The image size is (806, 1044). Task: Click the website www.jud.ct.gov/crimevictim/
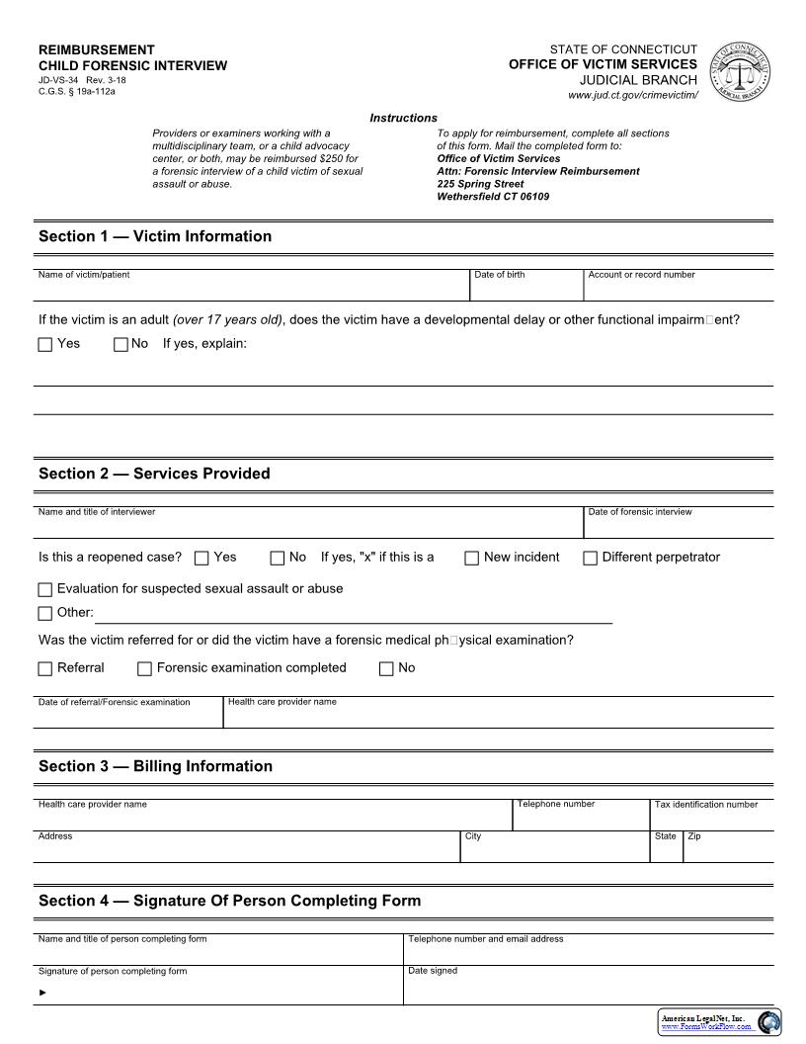[x=632, y=95]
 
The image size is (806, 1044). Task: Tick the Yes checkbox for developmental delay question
[x=44, y=345]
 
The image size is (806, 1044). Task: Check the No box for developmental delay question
[x=121, y=345]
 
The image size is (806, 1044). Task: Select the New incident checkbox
[x=472, y=559]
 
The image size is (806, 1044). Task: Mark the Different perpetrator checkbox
[x=590, y=559]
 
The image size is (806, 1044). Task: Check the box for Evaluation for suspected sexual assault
[x=44, y=590]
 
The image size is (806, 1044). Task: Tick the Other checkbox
[x=44, y=614]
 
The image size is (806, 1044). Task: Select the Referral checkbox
[x=44, y=669]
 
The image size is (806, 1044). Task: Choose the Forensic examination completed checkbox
[x=144, y=669]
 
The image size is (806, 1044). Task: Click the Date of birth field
[x=525, y=289]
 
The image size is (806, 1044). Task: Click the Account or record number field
[x=678, y=289]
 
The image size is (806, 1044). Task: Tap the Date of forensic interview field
[x=678, y=526]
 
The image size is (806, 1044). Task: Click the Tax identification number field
[x=711, y=819]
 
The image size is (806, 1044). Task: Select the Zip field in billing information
[x=728, y=850]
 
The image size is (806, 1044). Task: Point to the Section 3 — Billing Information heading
[x=155, y=766]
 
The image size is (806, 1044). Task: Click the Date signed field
[x=588, y=989]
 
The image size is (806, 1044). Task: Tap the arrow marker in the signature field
[x=42, y=992]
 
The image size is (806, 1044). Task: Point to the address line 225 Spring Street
[x=480, y=184]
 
